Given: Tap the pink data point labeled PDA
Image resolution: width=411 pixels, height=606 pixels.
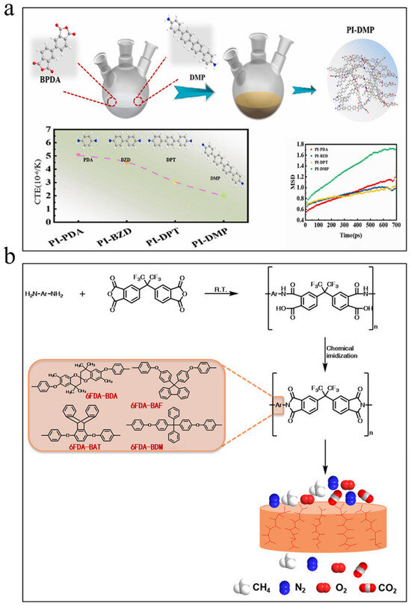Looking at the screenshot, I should pos(79,154).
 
